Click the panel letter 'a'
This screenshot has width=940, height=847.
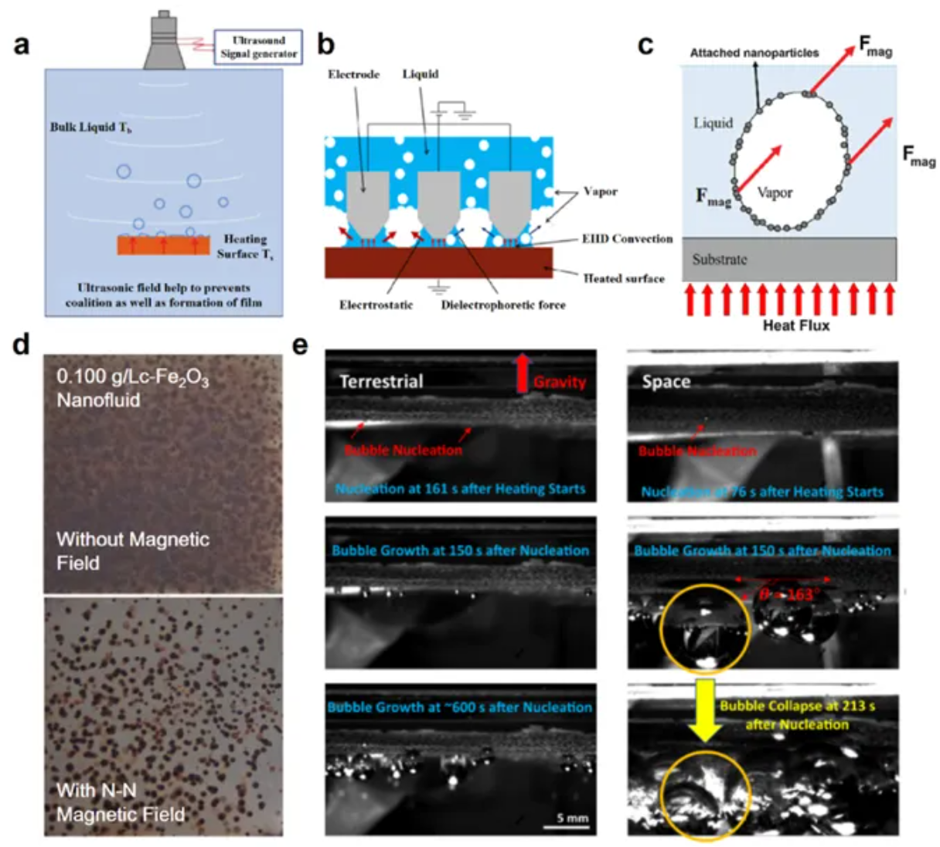coord(21,44)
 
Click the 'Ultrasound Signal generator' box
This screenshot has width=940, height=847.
coord(258,47)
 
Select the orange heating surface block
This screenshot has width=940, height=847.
coord(163,245)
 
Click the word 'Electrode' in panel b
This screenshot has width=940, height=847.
coord(354,74)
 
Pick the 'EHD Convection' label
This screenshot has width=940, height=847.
coord(627,239)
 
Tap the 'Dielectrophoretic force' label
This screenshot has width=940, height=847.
coord(503,305)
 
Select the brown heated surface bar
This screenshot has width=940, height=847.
coord(438,264)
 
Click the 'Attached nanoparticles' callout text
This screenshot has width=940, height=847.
coord(754,53)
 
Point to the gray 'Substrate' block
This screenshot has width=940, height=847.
coord(788,259)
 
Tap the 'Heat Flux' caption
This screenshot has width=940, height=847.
coord(795,325)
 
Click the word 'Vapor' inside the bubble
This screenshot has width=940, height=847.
coord(775,192)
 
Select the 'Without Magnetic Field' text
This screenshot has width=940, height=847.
coord(133,550)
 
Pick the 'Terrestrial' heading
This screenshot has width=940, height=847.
coord(381,381)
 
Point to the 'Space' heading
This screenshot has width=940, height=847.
coord(666,382)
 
